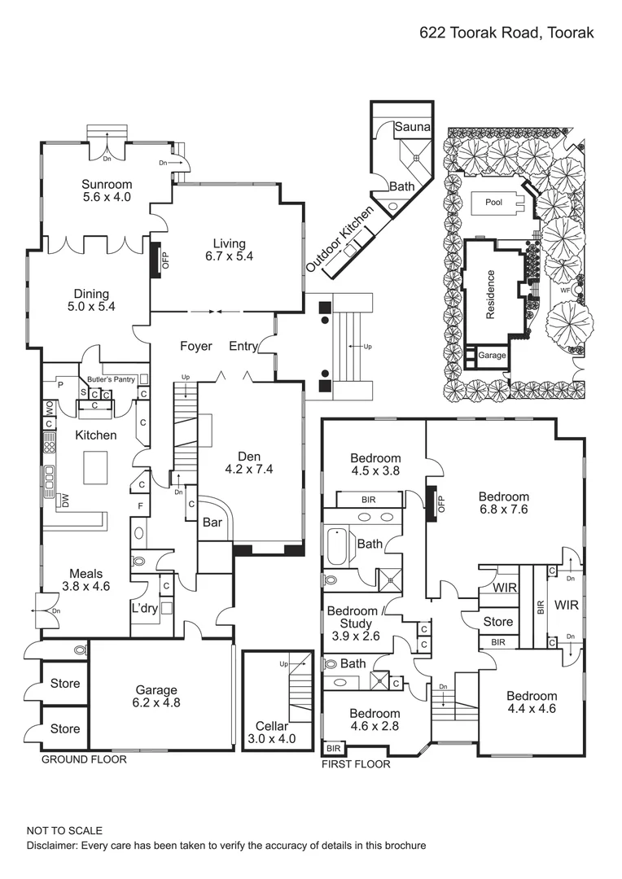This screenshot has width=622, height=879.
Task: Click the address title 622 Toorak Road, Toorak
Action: pos(506,33)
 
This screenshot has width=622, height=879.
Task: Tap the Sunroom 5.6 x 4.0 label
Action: pos(106,190)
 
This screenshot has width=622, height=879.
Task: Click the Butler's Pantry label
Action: pos(111,379)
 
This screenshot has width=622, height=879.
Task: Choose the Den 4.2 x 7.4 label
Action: pos(248,462)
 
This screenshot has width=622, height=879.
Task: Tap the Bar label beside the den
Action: pos(213,523)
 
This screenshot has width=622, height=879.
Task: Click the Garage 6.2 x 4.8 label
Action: pos(157,696)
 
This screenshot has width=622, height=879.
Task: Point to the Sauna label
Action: pos(412,128)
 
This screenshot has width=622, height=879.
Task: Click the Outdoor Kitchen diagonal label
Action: pos(340,238)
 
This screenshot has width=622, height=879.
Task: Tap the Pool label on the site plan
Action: pos(493,203)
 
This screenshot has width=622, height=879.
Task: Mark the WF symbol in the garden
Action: pos(565,289)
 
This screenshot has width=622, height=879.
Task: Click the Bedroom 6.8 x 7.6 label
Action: pos(503,503)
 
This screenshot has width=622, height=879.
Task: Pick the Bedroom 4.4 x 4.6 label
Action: pos(532,702)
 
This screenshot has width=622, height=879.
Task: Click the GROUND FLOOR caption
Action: pos(85,759)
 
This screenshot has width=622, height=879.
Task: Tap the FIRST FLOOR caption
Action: pos(356,764)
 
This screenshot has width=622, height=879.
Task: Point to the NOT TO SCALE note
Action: pos(65,831)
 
